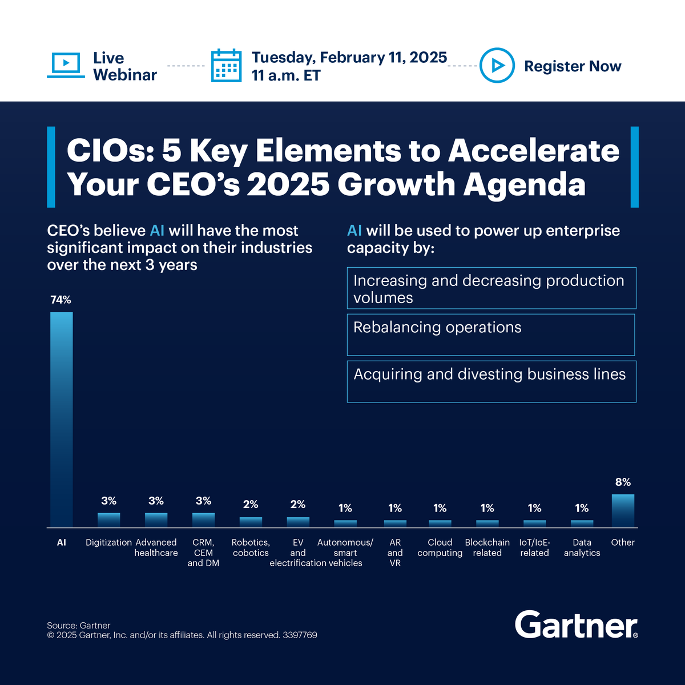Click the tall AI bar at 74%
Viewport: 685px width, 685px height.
pos(62,420)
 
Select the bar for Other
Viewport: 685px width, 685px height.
pos(623,510)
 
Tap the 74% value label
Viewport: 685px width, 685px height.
pos(61,300)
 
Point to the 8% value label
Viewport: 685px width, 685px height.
pos(623,482)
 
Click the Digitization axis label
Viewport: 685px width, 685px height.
pos(108,542)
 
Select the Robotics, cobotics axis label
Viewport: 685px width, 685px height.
pos(251,547)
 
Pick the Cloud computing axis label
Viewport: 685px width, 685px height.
pos(440,547)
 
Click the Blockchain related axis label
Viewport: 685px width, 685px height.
pos(487,547)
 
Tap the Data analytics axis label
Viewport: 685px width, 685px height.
pos(582,547)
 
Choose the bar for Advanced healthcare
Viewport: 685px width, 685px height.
pos(156,519)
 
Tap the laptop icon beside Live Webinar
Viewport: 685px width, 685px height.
pos(66,65)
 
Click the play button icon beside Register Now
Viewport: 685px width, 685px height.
pos(497,66)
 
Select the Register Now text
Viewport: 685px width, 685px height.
pos(573,66)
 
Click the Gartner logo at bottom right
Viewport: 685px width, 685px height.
pos(576,625)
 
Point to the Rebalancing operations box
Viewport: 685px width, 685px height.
pos(491,335)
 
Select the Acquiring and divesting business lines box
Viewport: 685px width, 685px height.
pos(491,381)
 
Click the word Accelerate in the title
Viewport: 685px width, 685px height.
pos(534,151)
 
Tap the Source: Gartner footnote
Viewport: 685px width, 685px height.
pos(79,625)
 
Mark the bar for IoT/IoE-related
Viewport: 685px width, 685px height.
pos(534,523)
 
